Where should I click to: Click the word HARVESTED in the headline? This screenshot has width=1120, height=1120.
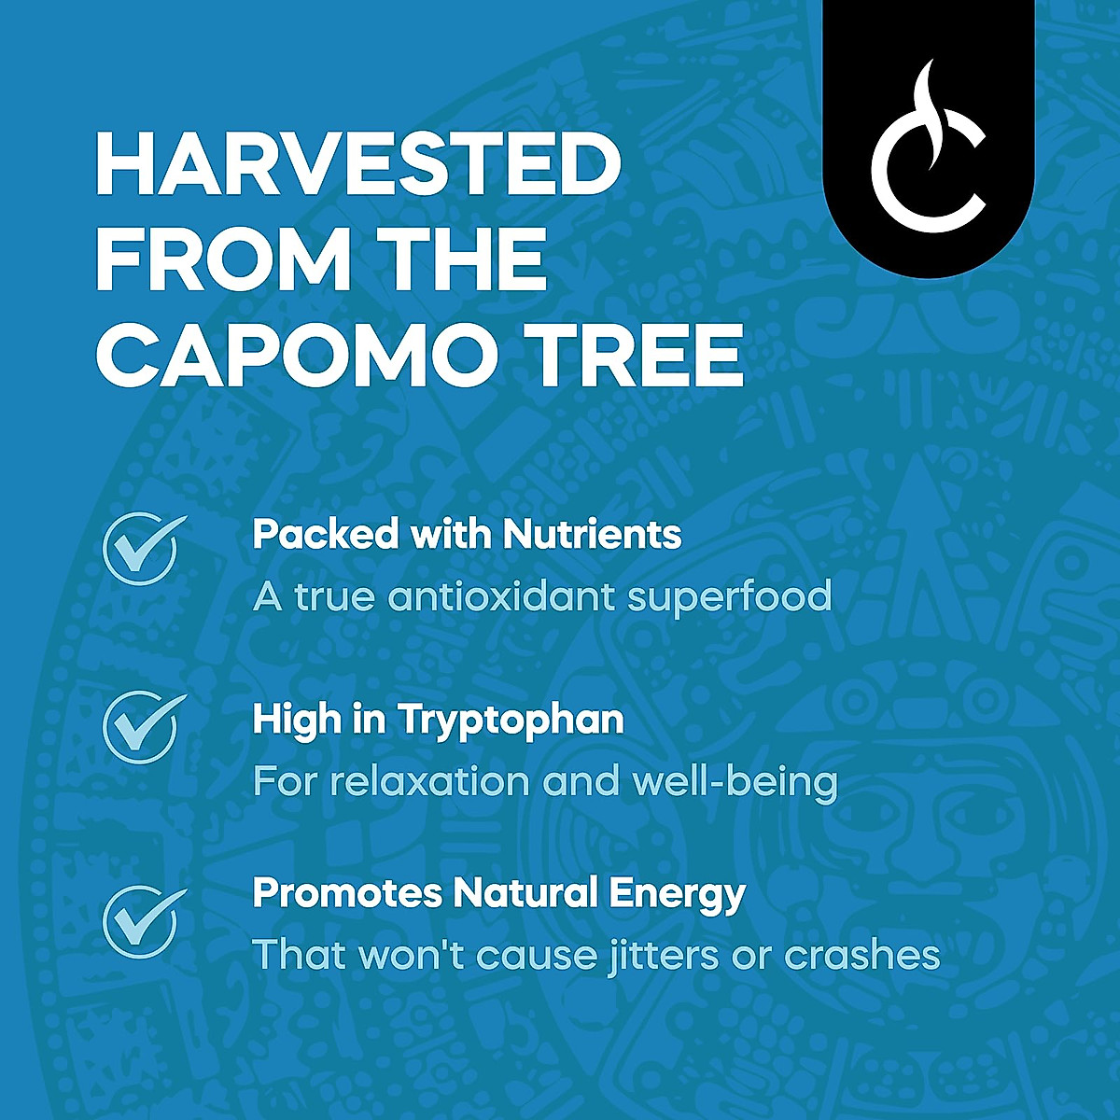click(x=358, y=165)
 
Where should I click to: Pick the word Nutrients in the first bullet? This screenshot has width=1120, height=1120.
click(x=592, y=535)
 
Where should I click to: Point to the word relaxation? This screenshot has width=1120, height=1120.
click(x=433, y=781)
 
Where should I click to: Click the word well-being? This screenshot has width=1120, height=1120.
click(x=735, y=783)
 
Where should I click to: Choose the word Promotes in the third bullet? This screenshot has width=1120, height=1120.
click(x=346, y=893)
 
